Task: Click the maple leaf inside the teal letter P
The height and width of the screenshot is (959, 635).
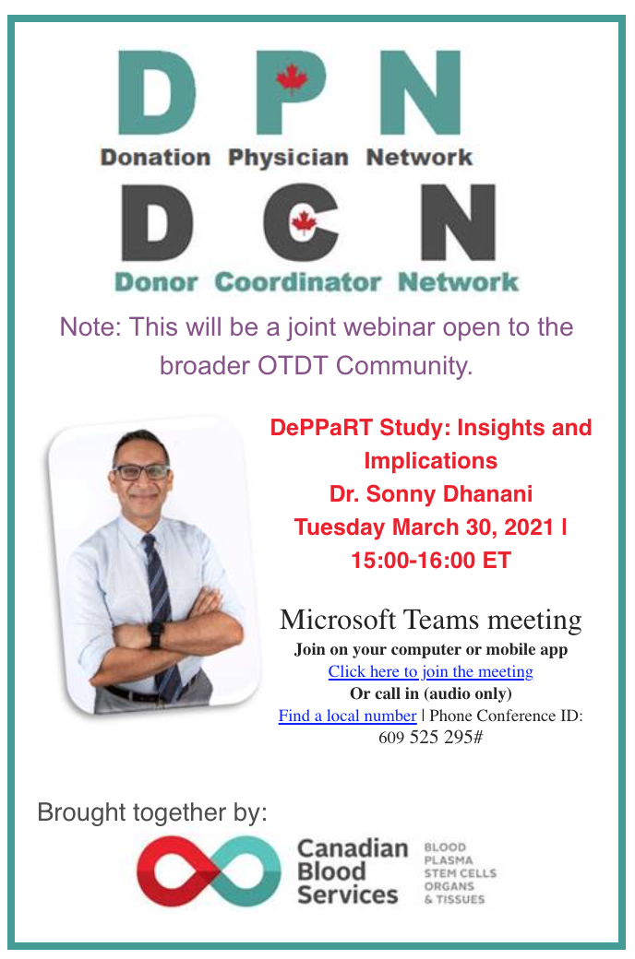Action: pyautogui.click(x=292, y=79)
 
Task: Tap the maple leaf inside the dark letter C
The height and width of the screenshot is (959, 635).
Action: pyautogui.click(x=305, y=223)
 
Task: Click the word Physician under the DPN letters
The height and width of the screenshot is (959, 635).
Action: pyautogui.click(x=288, y=159)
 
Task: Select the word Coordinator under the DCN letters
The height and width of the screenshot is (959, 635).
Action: pyautogui.click(x=298, y=282)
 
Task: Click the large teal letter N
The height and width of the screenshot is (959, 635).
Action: pyautogui.click(x=420, y=92)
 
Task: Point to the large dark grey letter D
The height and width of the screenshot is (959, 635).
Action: pyautogui.click(x=158, y=222)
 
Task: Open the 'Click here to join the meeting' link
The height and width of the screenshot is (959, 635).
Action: pyautogui.click(x=430, y=671)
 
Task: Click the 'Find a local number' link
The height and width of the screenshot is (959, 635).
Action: pyautogui.click(x=347, y=716)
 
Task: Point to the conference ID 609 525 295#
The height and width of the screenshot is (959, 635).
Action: pyautogui.click(x=430, y=737)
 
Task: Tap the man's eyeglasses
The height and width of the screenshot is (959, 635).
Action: pyautogui.click(x=141, y=471)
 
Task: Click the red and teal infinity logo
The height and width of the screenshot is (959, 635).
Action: pyautogui.click(x=209, y=870)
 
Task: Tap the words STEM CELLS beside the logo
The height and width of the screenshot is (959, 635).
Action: pyautogui.click(x=460, y=872)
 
